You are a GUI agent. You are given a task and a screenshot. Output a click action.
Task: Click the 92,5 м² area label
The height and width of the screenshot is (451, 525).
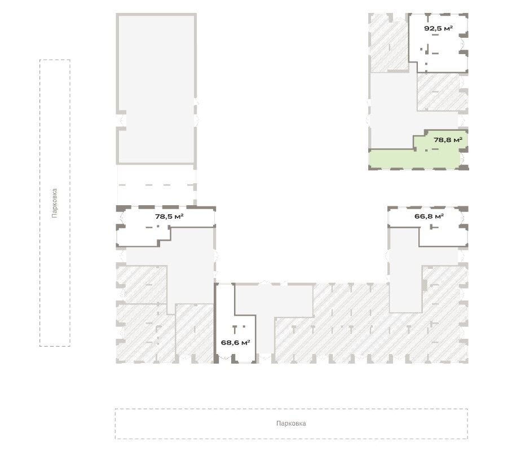(438, 28)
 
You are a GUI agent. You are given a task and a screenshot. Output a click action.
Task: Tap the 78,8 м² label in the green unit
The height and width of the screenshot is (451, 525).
(448, 140)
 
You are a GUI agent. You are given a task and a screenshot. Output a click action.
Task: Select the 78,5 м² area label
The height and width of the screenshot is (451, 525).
(169, 216)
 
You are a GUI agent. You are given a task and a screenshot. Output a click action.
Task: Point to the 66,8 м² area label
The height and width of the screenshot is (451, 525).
(429, 216)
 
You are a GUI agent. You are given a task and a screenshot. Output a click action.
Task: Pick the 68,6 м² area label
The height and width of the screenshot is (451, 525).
(235, 343)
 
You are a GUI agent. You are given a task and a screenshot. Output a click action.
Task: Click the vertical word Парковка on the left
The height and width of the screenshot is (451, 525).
(55, 204)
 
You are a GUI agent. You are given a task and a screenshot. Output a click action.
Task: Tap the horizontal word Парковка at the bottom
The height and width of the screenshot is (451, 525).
(291, 423)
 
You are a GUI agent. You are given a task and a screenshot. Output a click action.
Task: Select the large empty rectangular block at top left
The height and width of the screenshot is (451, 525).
(156, 89)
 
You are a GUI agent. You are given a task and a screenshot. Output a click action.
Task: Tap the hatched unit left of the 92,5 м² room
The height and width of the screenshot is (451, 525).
(389, 43)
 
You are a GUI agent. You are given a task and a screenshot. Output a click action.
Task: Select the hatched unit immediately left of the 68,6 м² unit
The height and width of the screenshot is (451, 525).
(195, 333)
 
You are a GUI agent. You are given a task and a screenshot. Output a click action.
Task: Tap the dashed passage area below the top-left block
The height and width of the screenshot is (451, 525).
(156, 185)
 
